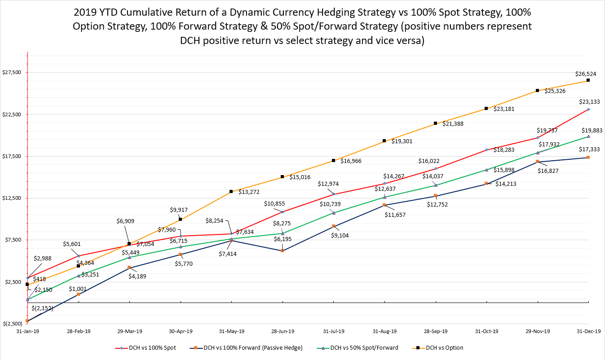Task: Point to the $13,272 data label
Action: coord(248,192)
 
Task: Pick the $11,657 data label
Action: coord(395,215)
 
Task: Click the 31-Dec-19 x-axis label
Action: coord(589,331)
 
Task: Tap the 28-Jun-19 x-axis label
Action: coord(283,331)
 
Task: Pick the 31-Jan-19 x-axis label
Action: coord(27,331)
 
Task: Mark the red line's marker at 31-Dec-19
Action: coord(588,109)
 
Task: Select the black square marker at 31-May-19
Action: coord(231,192)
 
